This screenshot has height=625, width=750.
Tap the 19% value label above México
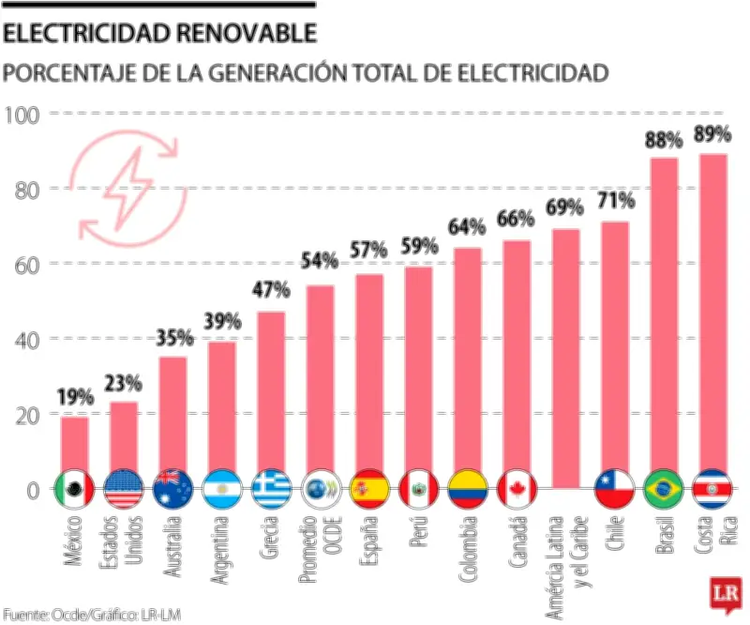[x=74, y=398]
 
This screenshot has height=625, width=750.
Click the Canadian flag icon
[x=517, y=488]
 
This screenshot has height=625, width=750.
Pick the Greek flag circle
[x=271, y=488]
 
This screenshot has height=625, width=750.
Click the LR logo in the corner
[x=726, y=595]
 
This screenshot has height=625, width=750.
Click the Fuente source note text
[x=91, y=615]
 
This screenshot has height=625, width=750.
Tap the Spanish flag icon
[x=368, y=488]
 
